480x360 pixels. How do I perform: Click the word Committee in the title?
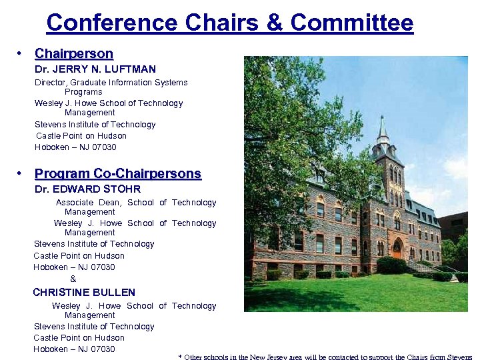pyautogui.click(x=352, y=23)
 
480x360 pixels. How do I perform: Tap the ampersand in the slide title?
pyautogui.click(x=274, y=23)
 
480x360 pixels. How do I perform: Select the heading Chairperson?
pyautogui.click(x=74, y=53)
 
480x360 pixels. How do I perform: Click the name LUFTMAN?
pyautogui.click(x=132, y=69)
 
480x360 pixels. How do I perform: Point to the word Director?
pyautogui.click(x=50, y=83)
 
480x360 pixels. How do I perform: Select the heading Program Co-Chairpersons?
pyautogui.click(x=117, y=173)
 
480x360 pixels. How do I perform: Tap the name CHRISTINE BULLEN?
pyautogui.click(x=84, y=292)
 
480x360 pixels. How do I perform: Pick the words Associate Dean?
pyautogui.click(x=89, y=203)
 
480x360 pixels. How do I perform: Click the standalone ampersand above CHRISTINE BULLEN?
pyautogui.click(x=73, y=279)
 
